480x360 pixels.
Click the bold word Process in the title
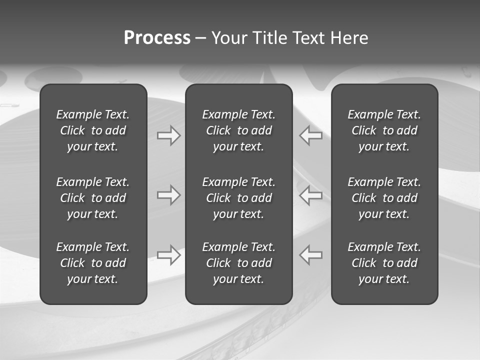157,38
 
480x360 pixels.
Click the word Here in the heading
349,38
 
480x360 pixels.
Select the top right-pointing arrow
169,135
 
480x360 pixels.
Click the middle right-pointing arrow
169,195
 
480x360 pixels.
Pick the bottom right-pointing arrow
169,254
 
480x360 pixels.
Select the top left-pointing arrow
311,135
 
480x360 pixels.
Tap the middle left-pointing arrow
311,195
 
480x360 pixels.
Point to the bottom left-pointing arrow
311,254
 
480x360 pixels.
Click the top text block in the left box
93,130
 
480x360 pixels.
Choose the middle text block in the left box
93,198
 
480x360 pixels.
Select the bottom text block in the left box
93,263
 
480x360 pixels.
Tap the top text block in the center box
238,130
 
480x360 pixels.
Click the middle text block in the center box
238,198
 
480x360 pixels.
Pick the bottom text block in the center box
238,263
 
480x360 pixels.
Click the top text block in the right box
384,130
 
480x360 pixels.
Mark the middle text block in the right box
384,198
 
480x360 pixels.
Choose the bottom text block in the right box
384,263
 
